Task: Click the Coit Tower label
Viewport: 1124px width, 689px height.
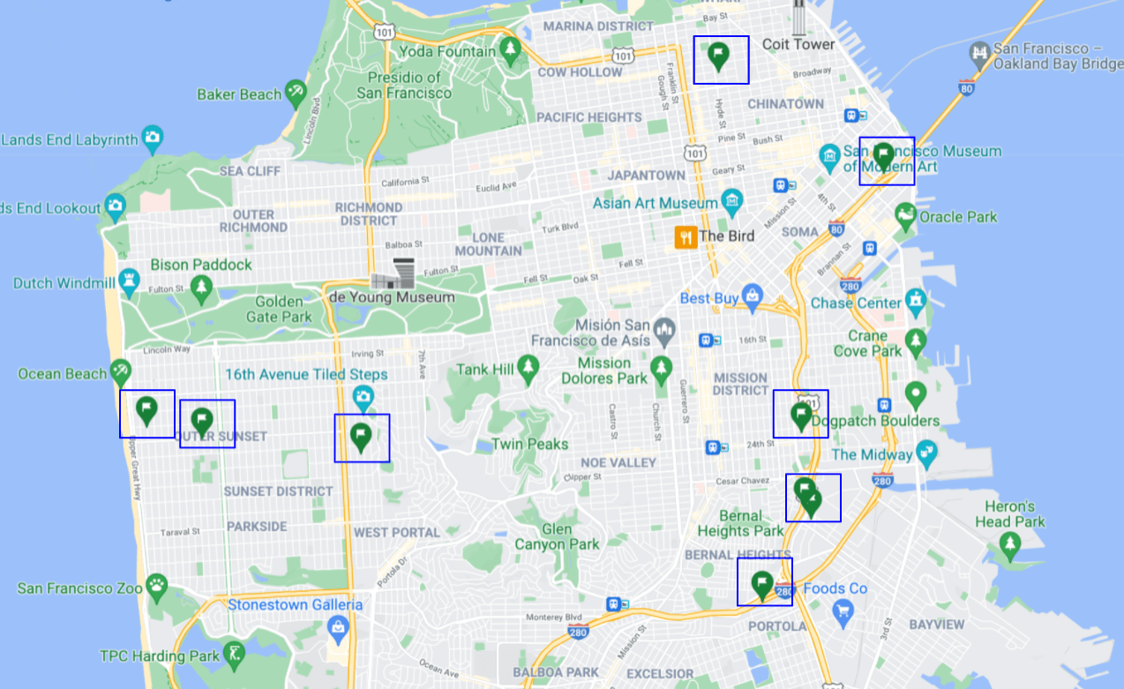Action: (798, 44)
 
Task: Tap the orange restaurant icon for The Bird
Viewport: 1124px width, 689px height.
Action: (686, 236)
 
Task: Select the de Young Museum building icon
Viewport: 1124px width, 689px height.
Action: (393, 275)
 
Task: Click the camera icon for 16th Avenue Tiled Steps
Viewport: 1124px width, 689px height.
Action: (363, 398)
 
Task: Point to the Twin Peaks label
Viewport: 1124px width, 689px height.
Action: (529, 444)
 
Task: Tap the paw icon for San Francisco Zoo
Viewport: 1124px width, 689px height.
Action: (157, 586)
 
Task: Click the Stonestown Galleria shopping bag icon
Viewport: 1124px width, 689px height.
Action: (336, 627)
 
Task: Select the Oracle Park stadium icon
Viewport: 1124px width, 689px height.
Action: (905, 214)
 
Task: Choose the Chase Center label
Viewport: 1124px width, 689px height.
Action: (857, 303)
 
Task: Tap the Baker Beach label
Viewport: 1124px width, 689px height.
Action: (239, 94)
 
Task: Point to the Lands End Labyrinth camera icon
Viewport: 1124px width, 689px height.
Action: (153, 138)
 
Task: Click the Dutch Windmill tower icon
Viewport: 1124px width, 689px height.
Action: (131, 281)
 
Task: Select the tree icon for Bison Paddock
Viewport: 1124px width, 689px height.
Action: (202, 286)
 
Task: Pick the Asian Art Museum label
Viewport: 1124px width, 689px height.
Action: (656, 203)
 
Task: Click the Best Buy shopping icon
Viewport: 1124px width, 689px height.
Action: (752, 296)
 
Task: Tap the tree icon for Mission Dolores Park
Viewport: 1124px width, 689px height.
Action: (661, 368)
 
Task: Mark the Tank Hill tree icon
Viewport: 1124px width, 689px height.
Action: (528, 368)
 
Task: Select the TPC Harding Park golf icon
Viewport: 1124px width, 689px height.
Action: (234, 654)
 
